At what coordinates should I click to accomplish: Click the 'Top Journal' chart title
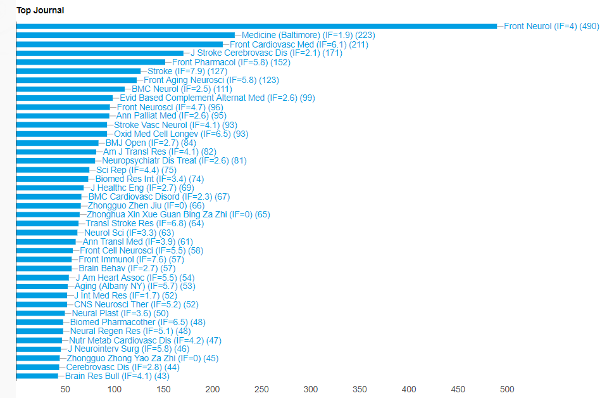40,10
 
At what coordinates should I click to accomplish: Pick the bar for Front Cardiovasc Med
120,44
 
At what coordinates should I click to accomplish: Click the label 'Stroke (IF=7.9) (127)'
187,71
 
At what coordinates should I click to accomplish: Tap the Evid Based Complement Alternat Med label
217,98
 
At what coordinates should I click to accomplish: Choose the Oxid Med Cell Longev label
181,134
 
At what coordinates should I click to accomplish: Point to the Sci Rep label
136,170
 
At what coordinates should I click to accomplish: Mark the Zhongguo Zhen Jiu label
146,205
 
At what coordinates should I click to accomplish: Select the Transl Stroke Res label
144,223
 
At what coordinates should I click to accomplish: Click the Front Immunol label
131,259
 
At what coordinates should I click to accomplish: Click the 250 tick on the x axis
261,389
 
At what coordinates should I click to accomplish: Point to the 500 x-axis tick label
507,389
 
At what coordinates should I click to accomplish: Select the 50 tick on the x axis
65,389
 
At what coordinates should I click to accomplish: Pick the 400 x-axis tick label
409,389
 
